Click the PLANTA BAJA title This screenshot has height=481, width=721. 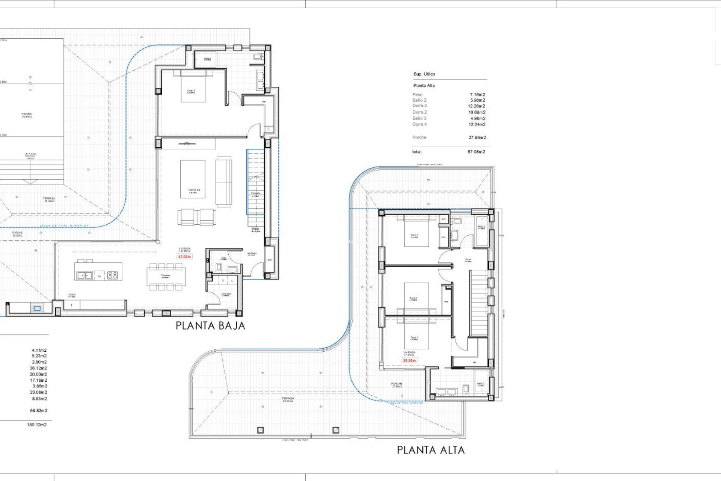[210, 326]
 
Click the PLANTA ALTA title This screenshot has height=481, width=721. [431, 450]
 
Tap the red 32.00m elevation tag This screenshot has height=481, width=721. [184, 257]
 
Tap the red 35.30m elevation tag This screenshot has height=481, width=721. [409, 360]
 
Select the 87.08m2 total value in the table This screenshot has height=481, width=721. [476, 152]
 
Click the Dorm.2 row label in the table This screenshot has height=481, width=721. [419, 112]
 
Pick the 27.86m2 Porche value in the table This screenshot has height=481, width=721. [477, 138]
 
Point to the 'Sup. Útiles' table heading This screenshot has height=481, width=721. [424, 74]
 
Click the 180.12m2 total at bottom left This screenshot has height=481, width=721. [37, 425]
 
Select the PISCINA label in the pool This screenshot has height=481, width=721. [27, 115]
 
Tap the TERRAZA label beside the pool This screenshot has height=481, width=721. [49, 200]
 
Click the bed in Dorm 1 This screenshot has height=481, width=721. [193, 87]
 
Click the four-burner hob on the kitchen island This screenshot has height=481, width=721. [113, 275]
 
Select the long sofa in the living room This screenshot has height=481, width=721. [223, 182]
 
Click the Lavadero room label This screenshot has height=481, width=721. [226, 294]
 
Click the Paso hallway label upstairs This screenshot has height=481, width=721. [468, 260]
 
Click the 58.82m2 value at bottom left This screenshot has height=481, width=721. [39, 411]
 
